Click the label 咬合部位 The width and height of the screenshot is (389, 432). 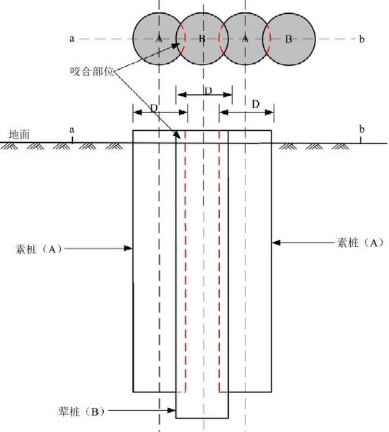pyautogui.click(x=92, y=71)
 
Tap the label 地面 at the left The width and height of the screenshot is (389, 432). pyautogui.click(x=19, y=135)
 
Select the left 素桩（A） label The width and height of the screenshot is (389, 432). pyautogui.click(x=38, y=249)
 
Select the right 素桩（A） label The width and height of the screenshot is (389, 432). pyautogui.click(x=361, y=243)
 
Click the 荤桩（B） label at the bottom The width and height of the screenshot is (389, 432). pyautogui.click(x=81, y=411)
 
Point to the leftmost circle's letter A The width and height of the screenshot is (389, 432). pyautogui.click(x=159, y=39)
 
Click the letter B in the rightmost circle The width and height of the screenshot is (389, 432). pyautogui.click(x=289, y=40)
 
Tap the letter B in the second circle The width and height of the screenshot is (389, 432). pyautogui.click(x=202, y=39)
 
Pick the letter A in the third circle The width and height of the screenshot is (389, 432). pyautogui.click(x=245, y=39)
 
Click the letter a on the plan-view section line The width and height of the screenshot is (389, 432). pyautogui.click(x=72, y=39)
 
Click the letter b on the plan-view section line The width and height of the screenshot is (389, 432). pyautogui.click(x=361, y=40)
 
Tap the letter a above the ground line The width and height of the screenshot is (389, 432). pyautogui.click(x=72, y=130)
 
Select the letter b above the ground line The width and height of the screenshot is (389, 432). pyautogui.click(x=361, y=129)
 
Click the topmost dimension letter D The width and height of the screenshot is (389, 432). pyautogui.click(x=209, y=91)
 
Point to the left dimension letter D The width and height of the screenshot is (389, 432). pyautogui.click(x=154, y=108)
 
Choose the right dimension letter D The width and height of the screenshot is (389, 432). pyautogui.click(x=256, y=105)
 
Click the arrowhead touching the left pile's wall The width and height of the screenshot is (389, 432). pyautogui.click(x=128, y=248)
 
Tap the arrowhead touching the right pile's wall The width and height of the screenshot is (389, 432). pyautogui.click(x=276, y=243)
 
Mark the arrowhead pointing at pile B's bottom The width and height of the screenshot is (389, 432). pyautogui.click(x=171, y=411)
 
